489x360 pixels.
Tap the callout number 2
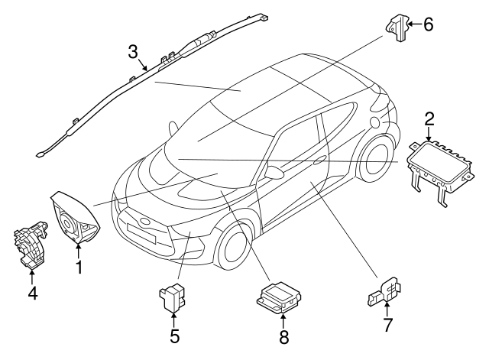[x=429, y=118]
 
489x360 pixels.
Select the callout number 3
[x=133, y=53]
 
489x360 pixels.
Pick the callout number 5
[x=175, y=335]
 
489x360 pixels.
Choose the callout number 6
[x=428, y=24]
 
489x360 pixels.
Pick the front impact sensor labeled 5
[x=172, y=295]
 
